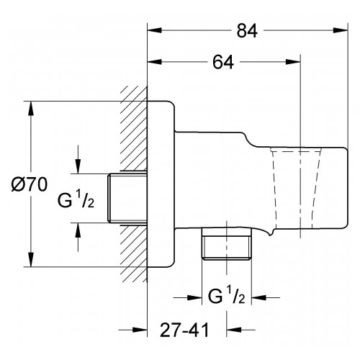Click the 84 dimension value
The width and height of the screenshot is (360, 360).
[x=247, y=31]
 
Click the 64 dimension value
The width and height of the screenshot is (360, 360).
[x=223, y=62]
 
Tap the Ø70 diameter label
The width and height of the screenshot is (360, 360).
[x=30, y=185]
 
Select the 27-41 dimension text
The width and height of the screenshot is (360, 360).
[x=184, y=330]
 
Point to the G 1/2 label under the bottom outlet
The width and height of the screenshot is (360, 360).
[x=227, y=296]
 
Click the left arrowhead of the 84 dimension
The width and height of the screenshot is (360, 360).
[x=154, y=30]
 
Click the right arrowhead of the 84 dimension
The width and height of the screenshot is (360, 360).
[x=341, y=30]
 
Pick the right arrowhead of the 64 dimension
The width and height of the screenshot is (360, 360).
[x=293, y=62]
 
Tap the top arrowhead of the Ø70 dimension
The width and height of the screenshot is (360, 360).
[x=31, y=109]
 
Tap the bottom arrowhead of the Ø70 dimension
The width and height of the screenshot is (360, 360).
[x=31, y=259]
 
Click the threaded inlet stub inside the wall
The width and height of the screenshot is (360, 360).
[x=127, y=198]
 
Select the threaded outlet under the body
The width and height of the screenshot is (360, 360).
[x=227, y=243]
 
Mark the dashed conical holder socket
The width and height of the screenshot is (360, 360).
[x=296, y=188]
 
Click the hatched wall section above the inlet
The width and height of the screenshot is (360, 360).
[x=134, y=128]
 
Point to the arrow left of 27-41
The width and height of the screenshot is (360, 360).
[x=132, y=330]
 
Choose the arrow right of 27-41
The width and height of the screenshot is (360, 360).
[x=240, y=330]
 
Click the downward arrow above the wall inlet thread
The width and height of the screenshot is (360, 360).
[x=78, y=159]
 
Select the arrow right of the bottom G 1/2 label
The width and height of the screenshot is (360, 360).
[x=266, y=298]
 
